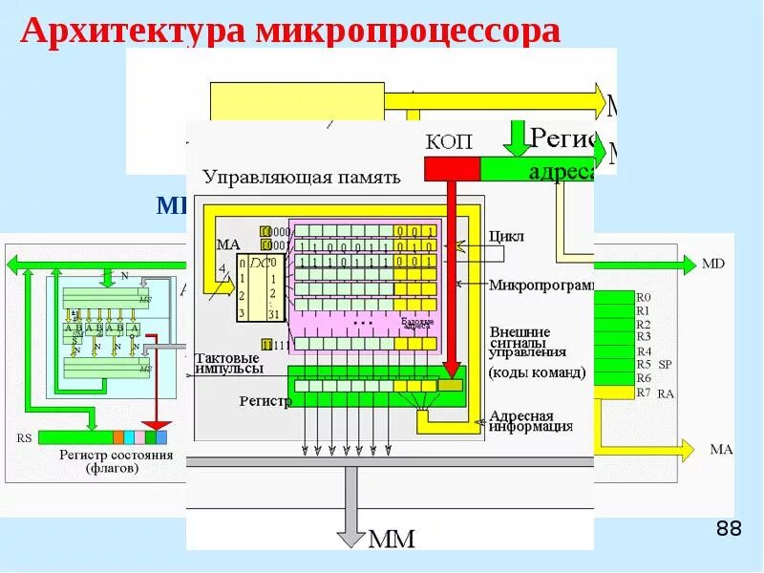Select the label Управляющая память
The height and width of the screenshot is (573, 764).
coord(301,177)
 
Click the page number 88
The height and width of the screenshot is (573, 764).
coord(728,529)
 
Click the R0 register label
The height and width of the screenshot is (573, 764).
coord(643,297)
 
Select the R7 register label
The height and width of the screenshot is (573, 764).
coord(643,392)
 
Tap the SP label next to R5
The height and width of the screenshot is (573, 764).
coord(666,365)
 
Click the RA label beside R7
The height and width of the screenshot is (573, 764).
coord(666,393)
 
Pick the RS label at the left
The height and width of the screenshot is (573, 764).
coord(24,438)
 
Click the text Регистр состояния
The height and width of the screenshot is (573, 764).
coord(116,456)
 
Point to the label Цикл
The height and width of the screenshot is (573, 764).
coord(506,235)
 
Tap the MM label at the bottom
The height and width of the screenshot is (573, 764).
coord(391,540)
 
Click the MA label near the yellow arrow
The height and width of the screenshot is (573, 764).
coord(720,449)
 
